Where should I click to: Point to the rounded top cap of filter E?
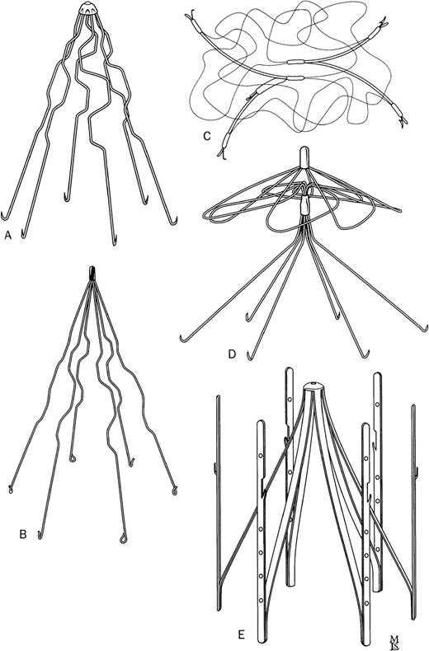pos(314,386)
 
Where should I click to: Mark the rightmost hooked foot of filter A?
pos(175,220)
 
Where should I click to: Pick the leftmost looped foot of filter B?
pos(11,489)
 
